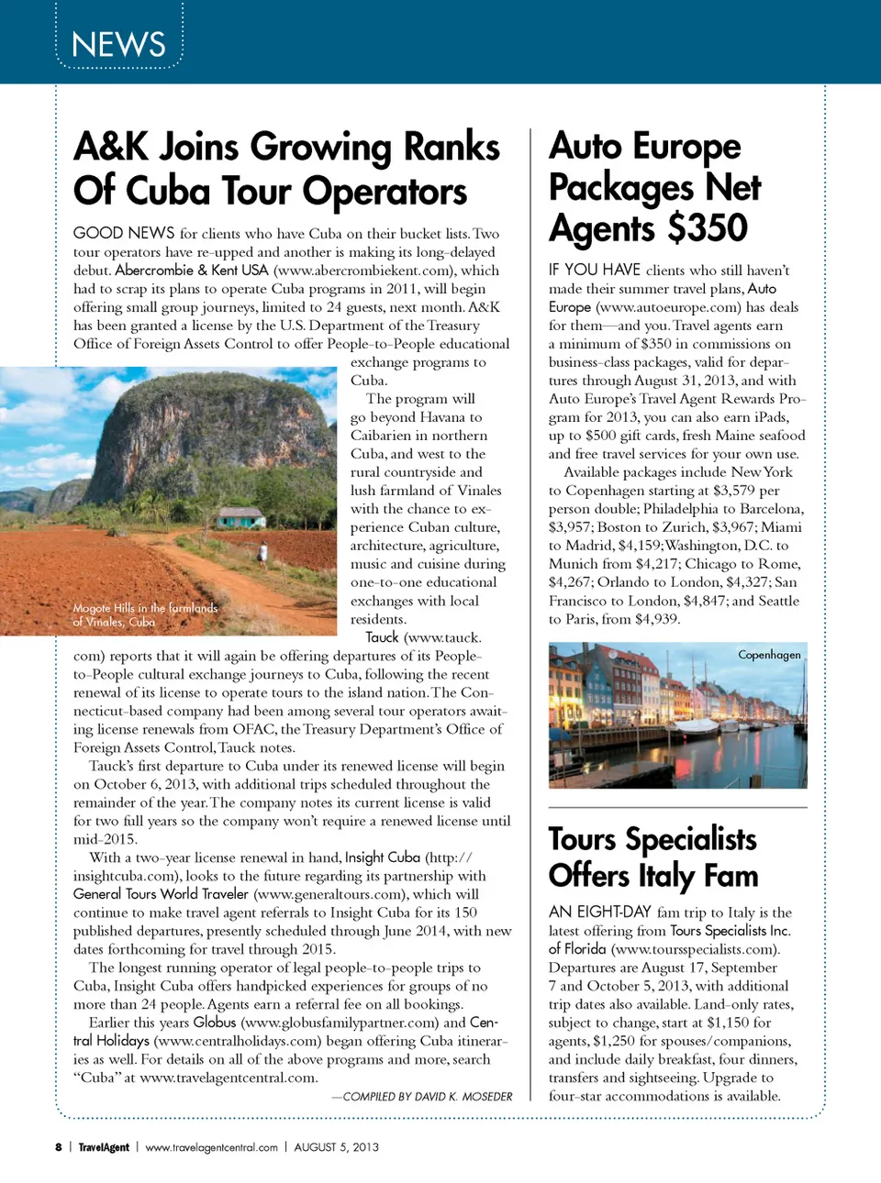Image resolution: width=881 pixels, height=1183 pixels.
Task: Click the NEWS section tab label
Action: point(118,44)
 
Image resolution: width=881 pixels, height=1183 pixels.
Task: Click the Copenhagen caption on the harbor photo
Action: point(769,655)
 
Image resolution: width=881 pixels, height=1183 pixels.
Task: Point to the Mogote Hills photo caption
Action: point(145,614)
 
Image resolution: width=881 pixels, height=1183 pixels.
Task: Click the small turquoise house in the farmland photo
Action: point(241,519)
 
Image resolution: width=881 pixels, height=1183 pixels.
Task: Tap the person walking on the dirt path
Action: point(263,553)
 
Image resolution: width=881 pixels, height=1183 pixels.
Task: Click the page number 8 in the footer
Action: point(59,1147)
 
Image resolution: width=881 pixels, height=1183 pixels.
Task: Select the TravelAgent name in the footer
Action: point(104,1147)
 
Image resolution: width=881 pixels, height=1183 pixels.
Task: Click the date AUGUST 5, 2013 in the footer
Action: point(336,1147)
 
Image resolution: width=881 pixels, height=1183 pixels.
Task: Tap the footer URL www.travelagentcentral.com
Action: point(211,1147)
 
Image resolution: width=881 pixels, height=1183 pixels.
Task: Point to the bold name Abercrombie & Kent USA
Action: point(192,271)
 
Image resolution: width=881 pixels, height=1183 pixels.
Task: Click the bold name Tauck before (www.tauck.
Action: point(382,637)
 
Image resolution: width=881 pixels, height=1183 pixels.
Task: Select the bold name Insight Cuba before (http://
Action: point(382,857)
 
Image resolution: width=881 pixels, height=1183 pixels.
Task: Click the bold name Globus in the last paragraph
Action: point(215,1023)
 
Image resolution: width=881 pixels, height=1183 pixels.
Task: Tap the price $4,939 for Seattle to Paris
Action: point(656,619)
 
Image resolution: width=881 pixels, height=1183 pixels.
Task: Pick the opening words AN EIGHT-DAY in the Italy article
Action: point(600,912)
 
